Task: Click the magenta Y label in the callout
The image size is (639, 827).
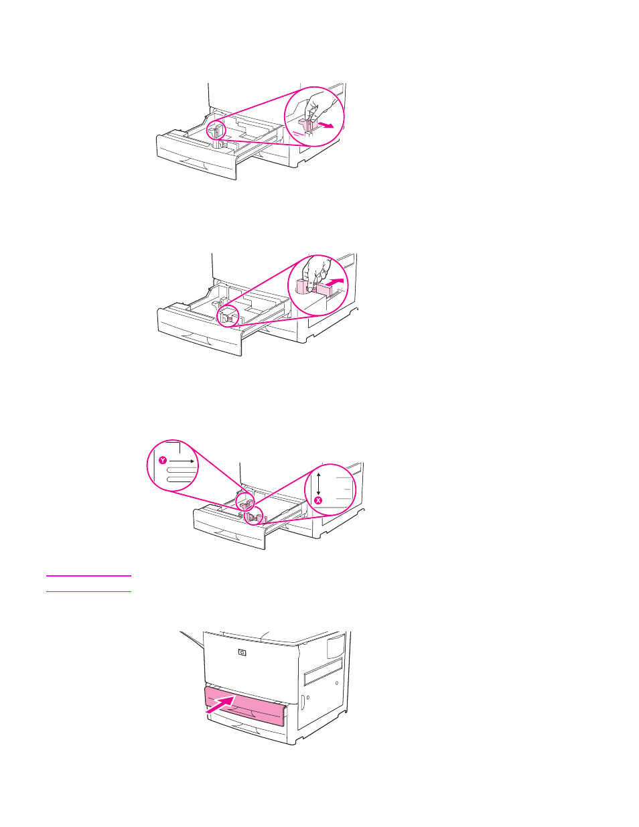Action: coord(163,461)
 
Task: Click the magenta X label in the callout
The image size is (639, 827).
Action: coord(318,500)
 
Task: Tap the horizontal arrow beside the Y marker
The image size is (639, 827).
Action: coord(182,461)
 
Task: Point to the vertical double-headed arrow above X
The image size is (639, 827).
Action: coord(319,483)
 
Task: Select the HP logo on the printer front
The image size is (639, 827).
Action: coord(242,652)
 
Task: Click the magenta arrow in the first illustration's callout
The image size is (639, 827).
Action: coord(326,125)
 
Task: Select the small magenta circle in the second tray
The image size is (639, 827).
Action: coord(228,315)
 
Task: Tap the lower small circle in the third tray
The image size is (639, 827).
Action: coord(254,516)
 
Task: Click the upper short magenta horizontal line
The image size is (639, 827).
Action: coord(88,575)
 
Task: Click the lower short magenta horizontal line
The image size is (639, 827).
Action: coord(88,591)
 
